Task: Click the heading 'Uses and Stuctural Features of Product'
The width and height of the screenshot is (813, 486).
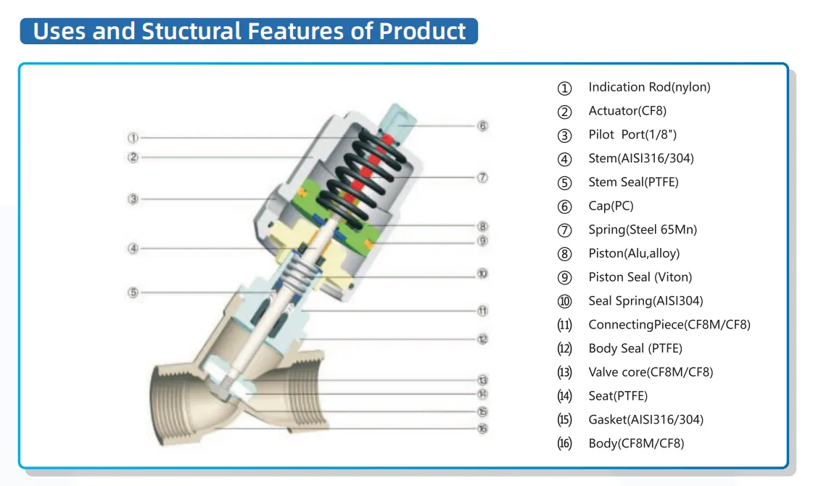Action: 249,31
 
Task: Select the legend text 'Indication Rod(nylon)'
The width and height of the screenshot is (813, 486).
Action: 649,87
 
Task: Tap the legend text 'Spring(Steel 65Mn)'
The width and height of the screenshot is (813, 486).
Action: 643,230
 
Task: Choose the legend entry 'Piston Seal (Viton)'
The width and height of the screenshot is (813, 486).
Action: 640,277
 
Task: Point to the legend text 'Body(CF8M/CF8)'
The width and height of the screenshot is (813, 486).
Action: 636,443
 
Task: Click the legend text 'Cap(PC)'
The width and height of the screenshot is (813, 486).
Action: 611,206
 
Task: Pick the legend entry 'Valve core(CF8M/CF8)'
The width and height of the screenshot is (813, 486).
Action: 651,372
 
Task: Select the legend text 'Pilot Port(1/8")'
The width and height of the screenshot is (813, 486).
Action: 632,135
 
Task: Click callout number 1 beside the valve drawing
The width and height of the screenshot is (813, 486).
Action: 133,137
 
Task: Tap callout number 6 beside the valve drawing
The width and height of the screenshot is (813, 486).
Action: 483,125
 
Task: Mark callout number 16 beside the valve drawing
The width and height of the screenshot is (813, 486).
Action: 483,428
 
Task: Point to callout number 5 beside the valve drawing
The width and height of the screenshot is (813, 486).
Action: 133,293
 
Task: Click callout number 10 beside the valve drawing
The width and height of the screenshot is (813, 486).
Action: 483,273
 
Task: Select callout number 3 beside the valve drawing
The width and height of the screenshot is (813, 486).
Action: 133,199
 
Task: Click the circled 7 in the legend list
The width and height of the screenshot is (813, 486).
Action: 564,231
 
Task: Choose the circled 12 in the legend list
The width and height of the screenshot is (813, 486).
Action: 564,349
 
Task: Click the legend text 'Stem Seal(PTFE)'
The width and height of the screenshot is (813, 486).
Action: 633,182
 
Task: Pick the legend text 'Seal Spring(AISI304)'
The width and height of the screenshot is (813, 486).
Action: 645,301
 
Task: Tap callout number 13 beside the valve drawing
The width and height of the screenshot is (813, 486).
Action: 483,379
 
